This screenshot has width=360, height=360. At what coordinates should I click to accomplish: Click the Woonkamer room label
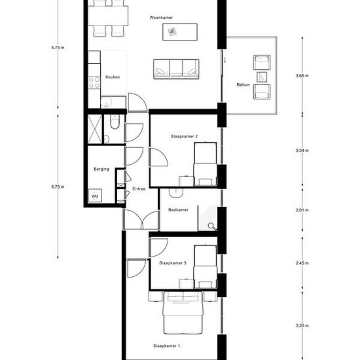tap(161, 18)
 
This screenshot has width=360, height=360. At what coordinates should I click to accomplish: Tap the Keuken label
tap(113, 77)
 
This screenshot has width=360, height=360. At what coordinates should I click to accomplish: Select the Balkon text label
tap(243, 84)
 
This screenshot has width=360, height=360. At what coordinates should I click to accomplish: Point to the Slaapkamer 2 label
tap(184, 136)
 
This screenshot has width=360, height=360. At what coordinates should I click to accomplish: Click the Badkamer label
tap(178, 209)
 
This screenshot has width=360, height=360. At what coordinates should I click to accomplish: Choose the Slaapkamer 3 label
tap(173, 263)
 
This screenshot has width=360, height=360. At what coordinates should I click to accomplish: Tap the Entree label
tap(139, 189)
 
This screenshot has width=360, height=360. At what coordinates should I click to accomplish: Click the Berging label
tap(101, 169)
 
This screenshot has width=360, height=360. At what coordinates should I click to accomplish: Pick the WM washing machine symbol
tap(95, 196)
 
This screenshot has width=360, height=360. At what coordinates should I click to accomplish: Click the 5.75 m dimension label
tap(58, 48)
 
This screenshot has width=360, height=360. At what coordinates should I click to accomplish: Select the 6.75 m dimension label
tap(58, 187)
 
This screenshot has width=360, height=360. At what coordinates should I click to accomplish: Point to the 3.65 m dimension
tap(302, 75)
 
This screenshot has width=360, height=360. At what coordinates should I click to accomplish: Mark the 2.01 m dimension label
tap(302, 210)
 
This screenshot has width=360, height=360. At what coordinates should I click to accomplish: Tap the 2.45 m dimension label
tap(302, 263)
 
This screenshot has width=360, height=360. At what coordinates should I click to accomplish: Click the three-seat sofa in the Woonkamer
tap(176, 69)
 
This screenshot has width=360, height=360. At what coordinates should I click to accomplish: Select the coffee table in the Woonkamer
tap(180, 32)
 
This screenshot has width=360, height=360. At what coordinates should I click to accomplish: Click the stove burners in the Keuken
tap(94, 82)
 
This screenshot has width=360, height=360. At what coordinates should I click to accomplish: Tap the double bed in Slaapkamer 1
tap(183, 313)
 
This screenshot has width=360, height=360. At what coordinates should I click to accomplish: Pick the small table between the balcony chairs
tap(262, 77)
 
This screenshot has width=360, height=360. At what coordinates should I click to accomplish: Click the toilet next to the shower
tap(115, 122)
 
